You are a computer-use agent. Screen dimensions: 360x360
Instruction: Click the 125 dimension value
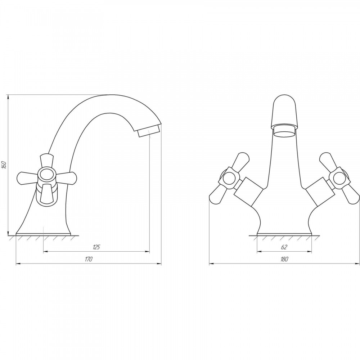click(96, 247)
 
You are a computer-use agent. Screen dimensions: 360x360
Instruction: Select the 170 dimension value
click(89, 259)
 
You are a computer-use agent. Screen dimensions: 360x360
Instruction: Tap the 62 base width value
click(284, 247)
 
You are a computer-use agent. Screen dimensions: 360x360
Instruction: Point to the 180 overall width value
click(284, 259)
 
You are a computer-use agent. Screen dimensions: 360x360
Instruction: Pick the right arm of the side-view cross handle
click(66, 176)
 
